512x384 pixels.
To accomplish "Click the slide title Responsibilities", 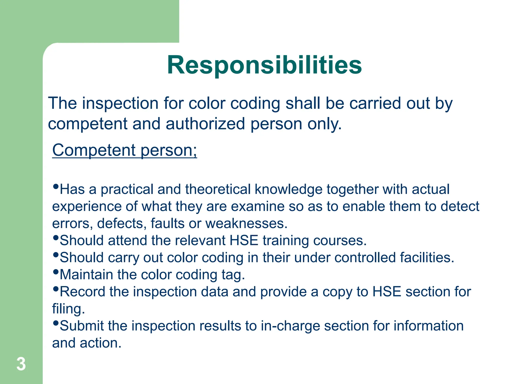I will click(x=264, y=65).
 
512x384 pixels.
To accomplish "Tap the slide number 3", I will click(x=21, y=364).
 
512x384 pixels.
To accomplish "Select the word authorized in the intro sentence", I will click(x=205, y=124).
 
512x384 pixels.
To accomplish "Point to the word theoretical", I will click(x=218, y=189).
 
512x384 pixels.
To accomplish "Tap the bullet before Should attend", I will click(x=56, y=237).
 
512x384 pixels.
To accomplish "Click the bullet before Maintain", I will click(x=56, y=272).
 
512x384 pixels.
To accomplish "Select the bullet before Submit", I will click(x=56, y=323).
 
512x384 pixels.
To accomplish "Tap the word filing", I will click(x=68, y=309).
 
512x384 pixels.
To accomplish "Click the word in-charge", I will click(x=290, y=326).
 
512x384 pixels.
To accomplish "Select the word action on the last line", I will click(x=100, y=343).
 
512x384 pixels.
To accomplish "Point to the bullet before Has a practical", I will click(x=56, y=186).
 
